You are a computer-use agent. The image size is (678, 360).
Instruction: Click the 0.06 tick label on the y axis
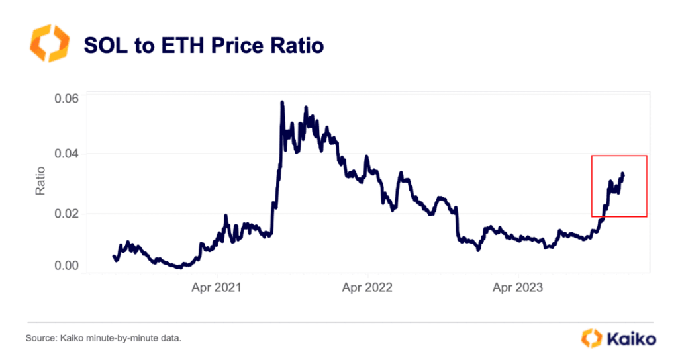click(x=66, y=99)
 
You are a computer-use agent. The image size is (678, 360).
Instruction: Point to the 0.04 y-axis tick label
click(x=66, y=154)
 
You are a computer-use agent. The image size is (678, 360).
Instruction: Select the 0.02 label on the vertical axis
click(x=66, y=214)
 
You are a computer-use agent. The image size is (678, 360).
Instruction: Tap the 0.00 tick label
click(x=66, y=265)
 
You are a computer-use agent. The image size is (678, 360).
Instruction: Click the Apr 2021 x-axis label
click(x=218, y=288)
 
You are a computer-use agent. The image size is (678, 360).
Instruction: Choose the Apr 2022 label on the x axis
click(x=368, y=288)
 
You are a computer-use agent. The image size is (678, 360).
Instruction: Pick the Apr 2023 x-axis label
click(x=518, y=288)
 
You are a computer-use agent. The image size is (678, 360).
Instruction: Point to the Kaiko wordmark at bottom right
click(x=631, y=339)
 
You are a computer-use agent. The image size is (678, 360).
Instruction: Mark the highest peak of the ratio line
click(x=282, y=103)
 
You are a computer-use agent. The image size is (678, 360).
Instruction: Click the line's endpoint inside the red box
click(x=623, y=175)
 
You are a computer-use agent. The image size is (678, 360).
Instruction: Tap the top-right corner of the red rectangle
click(x=646, y=156)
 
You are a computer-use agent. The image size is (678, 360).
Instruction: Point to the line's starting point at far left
click(x=113, y=255)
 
